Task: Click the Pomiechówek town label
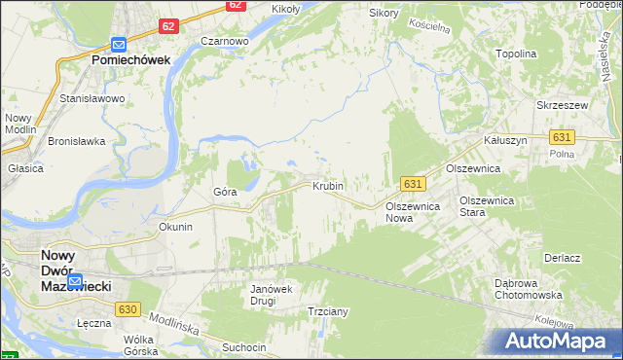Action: (131, 59)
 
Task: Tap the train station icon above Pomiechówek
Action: (119, 44)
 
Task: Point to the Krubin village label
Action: (328, 185)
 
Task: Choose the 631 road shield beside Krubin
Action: (413, 184)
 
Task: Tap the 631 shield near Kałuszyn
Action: (561, 138)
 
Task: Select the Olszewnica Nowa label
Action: (414, 212)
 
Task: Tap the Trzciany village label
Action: (328, 312)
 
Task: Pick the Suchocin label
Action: (243, 346)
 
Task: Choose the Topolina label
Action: (516, 54)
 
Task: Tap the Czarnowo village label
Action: (225, 42)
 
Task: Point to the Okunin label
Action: (176, 227)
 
